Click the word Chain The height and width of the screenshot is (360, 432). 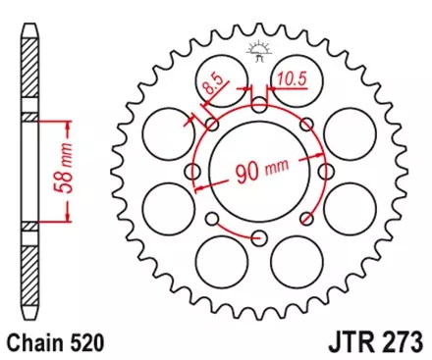click(35, 344)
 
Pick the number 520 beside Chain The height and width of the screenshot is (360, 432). click(86, 344)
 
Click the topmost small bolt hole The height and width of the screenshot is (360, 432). click(259, 105)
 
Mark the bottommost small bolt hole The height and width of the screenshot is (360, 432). click(259, 236)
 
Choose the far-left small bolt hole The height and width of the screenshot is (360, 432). click(194, 171)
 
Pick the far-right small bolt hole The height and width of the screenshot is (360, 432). click(325, 171)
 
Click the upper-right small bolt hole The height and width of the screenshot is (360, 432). click(305, 125)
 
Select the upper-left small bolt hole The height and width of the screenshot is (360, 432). click(213, 125)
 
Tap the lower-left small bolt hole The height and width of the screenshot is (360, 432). click(213, 217)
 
